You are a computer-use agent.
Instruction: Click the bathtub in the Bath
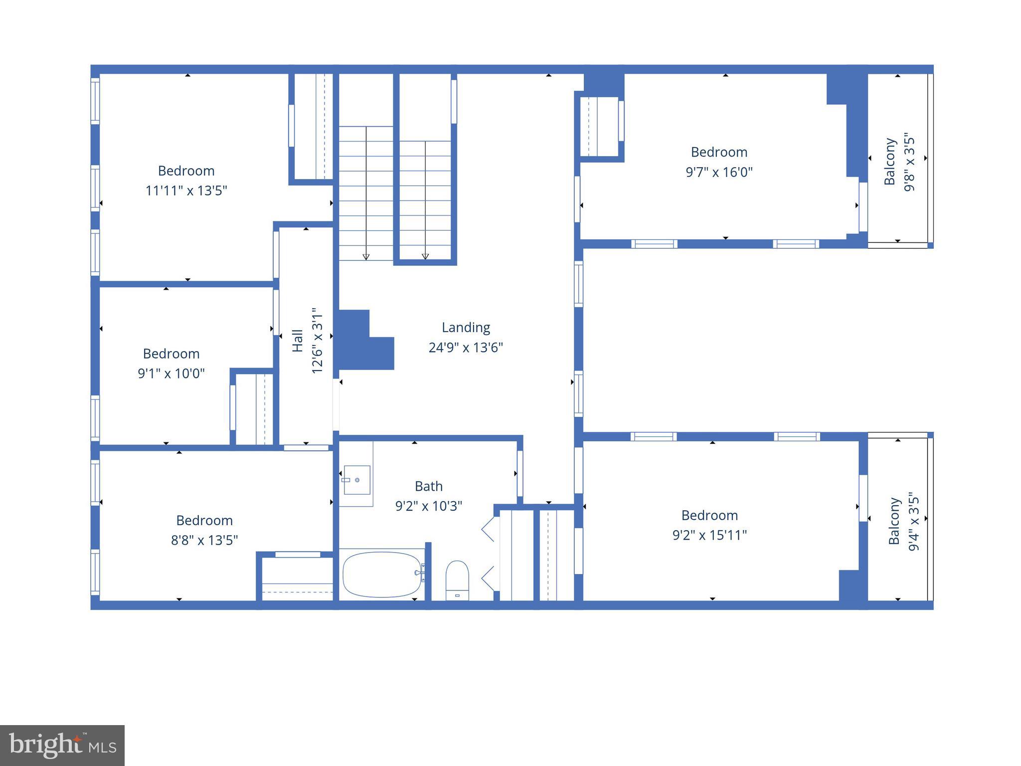click(x=382, y=574)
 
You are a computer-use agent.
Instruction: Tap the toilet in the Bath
click(x=457, y=579)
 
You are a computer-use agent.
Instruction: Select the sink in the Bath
click(x=357, y=480)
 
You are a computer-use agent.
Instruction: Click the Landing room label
click(x=466, y=328)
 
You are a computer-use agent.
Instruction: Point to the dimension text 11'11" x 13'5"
click(x=186, y=191)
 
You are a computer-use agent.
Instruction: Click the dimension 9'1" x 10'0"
click(x=171, y=374)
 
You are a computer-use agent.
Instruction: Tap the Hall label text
click(x=297, y=341)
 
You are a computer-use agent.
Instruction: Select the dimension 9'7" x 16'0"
click(x=719, y=172)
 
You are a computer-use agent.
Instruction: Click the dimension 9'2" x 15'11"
click(x=709, y=535)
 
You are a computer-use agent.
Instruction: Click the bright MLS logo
click(x=62, y=746)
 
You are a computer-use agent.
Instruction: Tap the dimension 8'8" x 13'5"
click(x=204, y=540)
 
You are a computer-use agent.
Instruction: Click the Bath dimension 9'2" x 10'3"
click(x=429, y=506)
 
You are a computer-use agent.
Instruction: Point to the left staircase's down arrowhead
click(x=366, y=257)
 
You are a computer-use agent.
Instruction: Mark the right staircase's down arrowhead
click(x=425, y=257)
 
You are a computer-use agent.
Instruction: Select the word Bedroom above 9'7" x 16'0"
click(x=719, y=152)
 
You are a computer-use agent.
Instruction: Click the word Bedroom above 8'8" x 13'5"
click(x=204, y=521)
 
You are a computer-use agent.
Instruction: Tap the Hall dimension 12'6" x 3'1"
click(x=317, y=341)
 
